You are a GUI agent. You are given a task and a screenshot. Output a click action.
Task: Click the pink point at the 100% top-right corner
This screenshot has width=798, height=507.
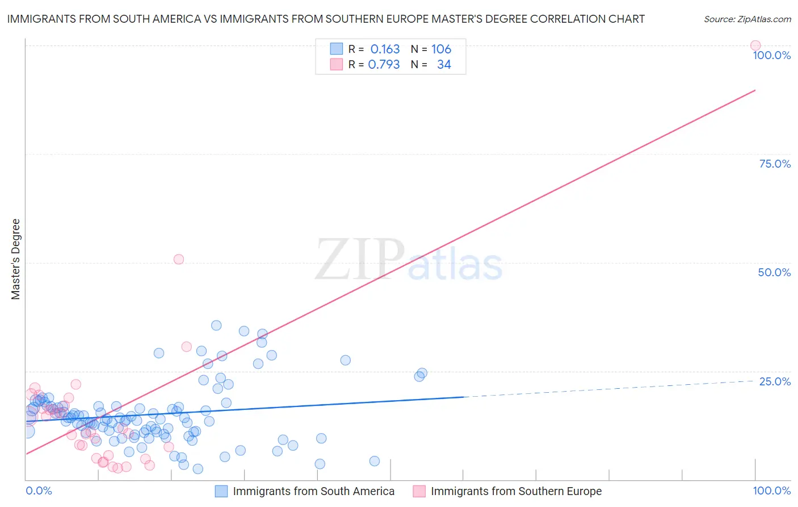click(755, 45)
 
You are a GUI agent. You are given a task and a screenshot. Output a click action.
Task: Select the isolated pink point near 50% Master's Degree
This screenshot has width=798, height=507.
click(179, 259)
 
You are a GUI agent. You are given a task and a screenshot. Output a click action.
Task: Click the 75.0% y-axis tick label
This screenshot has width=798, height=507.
click(775, 164)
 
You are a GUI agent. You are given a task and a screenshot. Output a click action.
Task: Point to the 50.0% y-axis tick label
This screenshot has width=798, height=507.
click(774, 272)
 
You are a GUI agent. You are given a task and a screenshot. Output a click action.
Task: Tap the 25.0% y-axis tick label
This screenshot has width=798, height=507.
click(775, 381)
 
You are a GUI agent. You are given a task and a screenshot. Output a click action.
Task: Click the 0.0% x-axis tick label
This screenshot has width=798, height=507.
click(39, 491)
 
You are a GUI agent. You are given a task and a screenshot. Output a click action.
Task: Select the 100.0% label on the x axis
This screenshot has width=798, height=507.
click(771, 491)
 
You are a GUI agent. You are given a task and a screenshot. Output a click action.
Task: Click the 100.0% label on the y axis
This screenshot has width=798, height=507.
click(771, 55)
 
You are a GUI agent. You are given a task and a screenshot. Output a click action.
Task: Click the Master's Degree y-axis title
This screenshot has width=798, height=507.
click(16, 259)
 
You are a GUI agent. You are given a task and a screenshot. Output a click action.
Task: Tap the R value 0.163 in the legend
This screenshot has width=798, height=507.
click(385, 49)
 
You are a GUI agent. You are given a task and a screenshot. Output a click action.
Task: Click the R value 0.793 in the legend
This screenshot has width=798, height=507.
click(384, 64)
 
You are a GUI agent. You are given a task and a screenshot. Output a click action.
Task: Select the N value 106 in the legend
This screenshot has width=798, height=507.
click(441, 49)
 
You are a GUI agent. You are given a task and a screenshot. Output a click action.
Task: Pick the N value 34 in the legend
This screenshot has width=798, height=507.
click(444, 64)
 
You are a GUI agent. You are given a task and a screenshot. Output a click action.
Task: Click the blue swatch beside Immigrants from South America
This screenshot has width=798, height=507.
click(221, 491)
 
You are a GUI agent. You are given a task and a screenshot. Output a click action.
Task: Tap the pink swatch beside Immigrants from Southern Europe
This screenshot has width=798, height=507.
click(419, 491)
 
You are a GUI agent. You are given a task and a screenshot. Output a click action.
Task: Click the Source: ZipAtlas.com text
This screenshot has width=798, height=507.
click(747, 19)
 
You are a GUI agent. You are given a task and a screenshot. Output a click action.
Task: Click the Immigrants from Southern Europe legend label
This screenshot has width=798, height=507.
click(516, 491)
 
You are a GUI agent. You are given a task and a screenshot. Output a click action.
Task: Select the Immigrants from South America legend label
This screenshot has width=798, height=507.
click(313, 491)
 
